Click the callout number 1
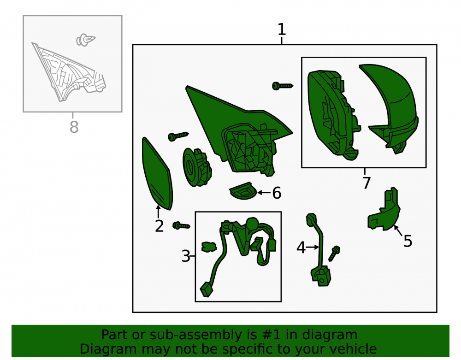pos(282,30)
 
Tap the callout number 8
pos(74,127)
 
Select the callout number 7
pos(366,183)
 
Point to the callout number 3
pos(186,256)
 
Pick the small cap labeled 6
pos(242,191)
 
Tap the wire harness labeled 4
pos(319,250)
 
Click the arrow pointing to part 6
pos(264,193)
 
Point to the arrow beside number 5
pos(398,230)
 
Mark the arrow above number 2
pos(158,211)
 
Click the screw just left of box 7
pos(283,86)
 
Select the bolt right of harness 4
pos(334,254)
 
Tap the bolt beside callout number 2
pos(181,226)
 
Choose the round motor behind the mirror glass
pos(197,167)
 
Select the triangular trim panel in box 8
pos(69,72)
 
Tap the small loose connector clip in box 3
pos(209,247)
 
